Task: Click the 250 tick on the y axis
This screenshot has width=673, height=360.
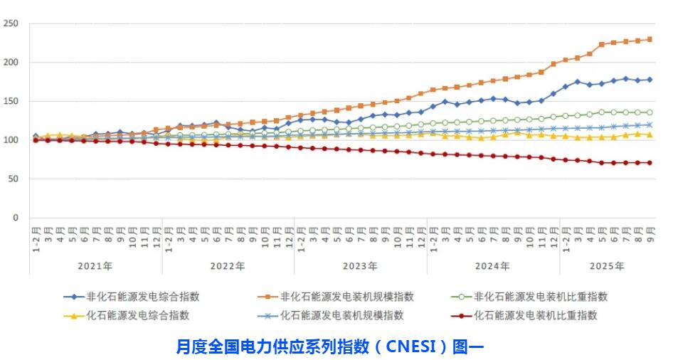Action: pos(11,23)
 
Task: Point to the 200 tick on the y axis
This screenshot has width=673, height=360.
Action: pos(11,63)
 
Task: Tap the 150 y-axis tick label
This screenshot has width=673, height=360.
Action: pos(11,102)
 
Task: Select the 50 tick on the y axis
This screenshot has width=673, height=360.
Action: pos(13,179)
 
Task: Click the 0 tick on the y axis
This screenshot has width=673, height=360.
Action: pos(15,218)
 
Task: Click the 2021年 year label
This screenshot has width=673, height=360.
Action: pos(95,265)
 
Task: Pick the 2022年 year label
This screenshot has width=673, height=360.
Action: pos(228,265)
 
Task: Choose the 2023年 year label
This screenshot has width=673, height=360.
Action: pos(360,265)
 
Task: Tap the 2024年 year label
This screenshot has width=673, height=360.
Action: pos(492,265)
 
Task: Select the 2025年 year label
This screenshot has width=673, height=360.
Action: pos(607,265)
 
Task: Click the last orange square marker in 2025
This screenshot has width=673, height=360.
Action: pos(650,39)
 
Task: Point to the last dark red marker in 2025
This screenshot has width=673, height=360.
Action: pos(650,163)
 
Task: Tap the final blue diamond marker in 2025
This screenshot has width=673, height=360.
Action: pos(650,80)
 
